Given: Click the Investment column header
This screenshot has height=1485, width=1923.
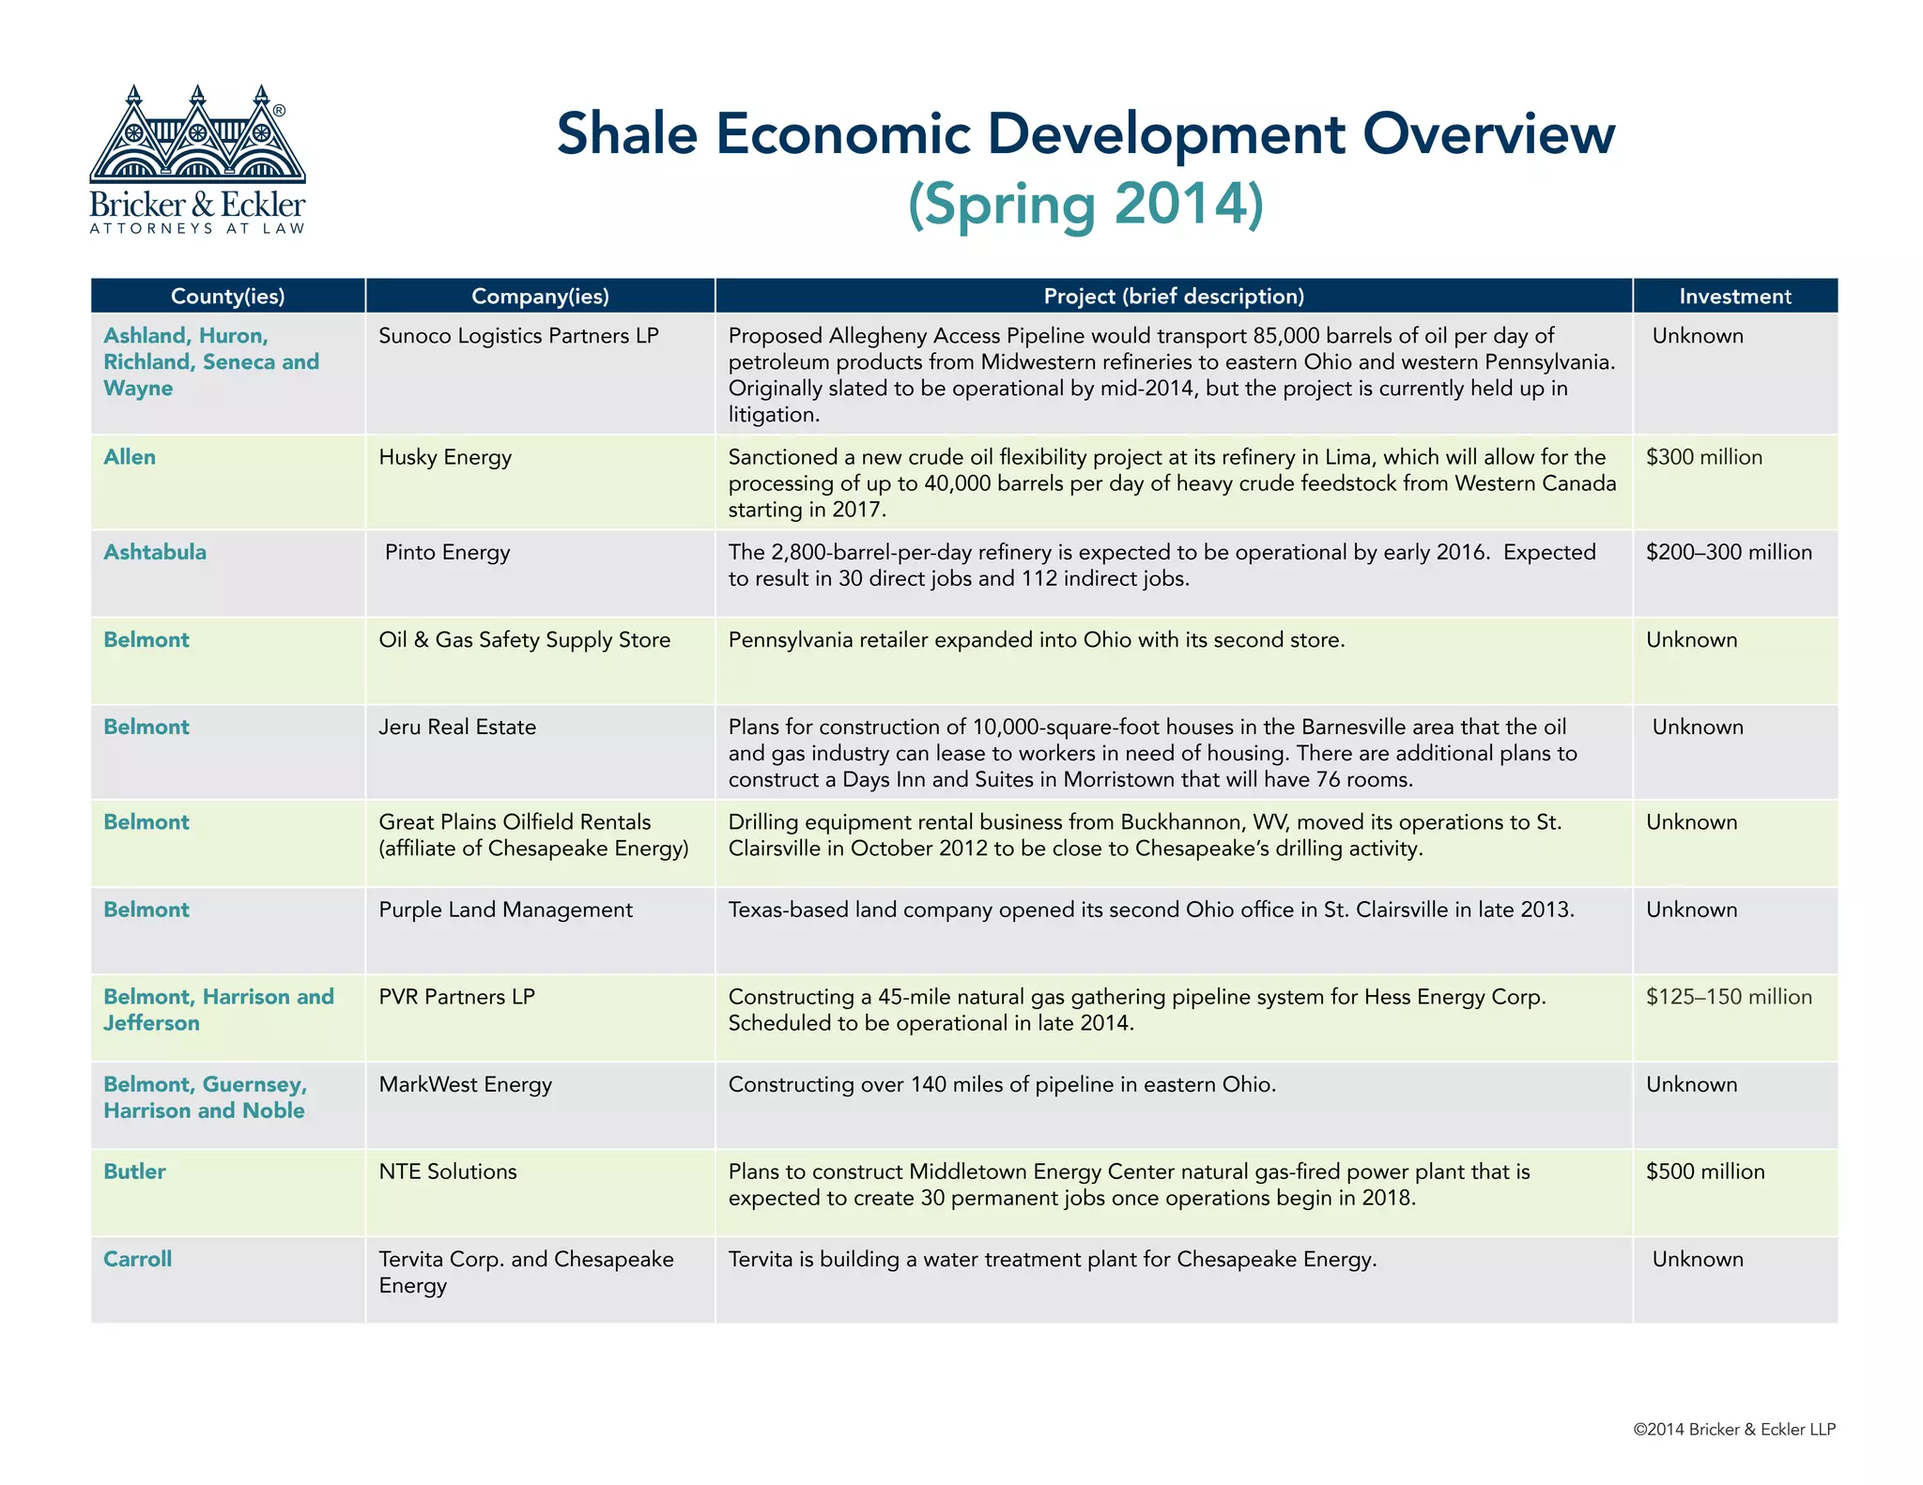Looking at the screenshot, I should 1734,297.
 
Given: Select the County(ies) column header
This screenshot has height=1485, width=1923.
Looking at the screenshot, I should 227,297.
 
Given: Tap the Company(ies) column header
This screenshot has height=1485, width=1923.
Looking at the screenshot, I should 540,297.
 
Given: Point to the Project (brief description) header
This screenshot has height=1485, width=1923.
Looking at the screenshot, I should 1174,297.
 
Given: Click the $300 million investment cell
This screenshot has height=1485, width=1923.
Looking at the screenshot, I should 1703,457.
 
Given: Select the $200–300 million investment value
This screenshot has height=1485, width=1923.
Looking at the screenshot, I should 1729,552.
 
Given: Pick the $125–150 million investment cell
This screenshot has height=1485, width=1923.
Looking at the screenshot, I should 1729,997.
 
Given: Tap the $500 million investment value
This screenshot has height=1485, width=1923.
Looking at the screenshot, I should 1705,1171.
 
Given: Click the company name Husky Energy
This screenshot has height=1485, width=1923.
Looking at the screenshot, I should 445,457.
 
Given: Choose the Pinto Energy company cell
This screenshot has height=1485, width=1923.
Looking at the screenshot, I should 448,552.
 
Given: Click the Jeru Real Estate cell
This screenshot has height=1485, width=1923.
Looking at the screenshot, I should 457,727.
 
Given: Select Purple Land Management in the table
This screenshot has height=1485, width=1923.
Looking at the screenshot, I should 505,910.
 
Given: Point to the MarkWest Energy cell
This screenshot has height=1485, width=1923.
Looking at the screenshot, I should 465,1084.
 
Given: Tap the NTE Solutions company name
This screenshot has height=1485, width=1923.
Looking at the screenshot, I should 448,1171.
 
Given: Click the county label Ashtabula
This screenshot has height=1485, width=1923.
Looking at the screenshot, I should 155,552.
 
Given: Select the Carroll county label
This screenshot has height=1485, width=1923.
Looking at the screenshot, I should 137,1259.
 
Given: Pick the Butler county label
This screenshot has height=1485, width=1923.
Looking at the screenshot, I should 134,1171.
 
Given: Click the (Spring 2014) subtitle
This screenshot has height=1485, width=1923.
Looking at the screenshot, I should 1085,205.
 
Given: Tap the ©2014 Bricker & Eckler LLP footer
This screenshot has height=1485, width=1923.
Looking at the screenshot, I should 1733,1430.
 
